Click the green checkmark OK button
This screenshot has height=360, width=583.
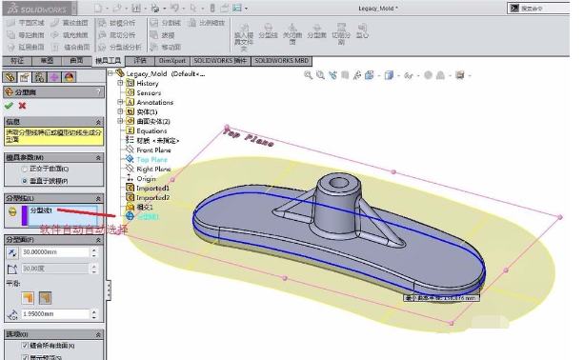[x=9, y=106]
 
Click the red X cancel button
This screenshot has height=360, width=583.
[x=22, y=106]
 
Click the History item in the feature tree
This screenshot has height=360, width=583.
[x=148, y=83]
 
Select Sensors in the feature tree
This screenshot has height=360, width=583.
[x=149, y=92]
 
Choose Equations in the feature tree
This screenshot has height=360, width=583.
[x=151, y=130]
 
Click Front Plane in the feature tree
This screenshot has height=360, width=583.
[x=153, y=150]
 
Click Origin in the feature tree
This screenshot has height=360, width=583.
[x=146, y=178]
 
